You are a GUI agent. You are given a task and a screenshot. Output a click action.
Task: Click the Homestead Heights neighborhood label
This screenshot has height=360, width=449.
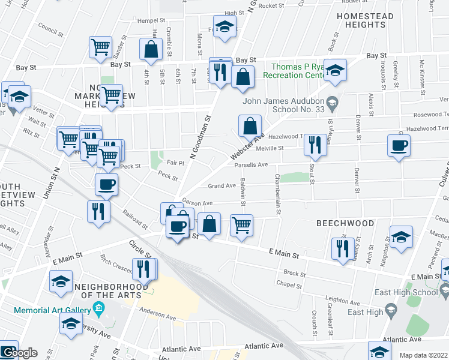coord(365,20)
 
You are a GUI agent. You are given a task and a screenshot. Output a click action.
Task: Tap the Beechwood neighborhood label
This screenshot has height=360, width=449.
coord(345,223)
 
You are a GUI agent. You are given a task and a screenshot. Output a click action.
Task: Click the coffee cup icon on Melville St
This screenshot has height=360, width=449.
coord(399,146)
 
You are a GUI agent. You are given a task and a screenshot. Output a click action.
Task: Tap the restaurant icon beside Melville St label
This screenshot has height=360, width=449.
coord(315,144)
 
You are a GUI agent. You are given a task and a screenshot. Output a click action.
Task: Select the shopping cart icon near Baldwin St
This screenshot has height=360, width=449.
coord(241,226)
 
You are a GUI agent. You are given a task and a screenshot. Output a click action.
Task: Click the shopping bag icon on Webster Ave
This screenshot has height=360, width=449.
coord(250,127)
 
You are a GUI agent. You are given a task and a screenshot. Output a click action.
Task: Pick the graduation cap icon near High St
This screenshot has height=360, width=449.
coord(224,26)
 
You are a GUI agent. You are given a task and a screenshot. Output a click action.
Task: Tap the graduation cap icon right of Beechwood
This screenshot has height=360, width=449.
coord(401,237)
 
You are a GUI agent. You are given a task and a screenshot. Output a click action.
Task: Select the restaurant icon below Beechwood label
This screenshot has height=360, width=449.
coord(342,248)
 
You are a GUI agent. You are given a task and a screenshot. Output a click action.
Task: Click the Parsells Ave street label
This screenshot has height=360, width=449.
coord(250,165)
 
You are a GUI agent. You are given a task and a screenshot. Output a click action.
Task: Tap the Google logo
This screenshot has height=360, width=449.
coord(19,353)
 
